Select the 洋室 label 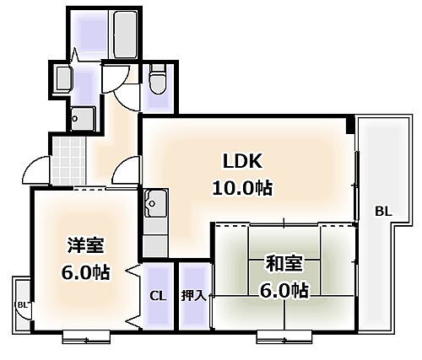(86, 245)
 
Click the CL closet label (157, 295)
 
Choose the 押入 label (192, 295)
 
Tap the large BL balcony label (383, 212)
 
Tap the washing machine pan (83, 116)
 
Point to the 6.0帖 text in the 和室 (283, 292)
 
